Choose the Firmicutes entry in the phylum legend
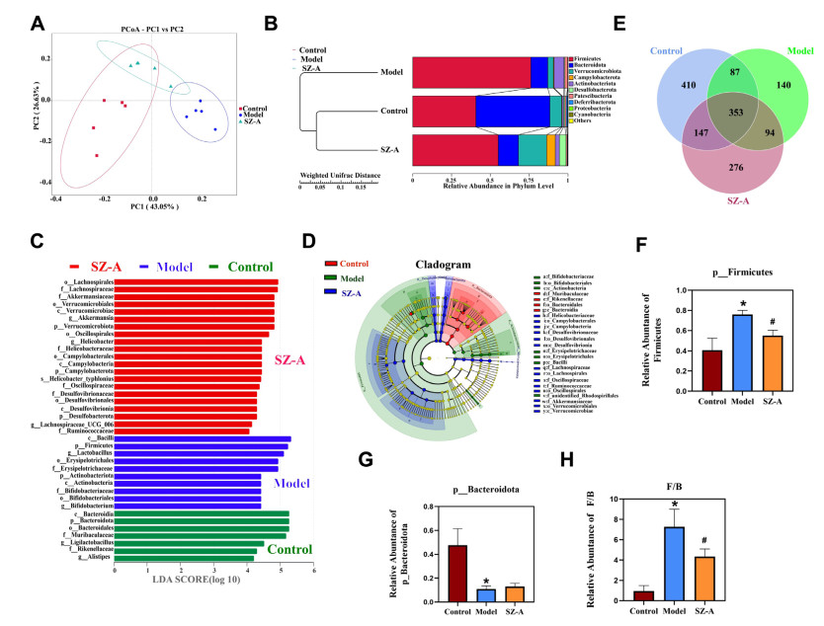594,61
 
